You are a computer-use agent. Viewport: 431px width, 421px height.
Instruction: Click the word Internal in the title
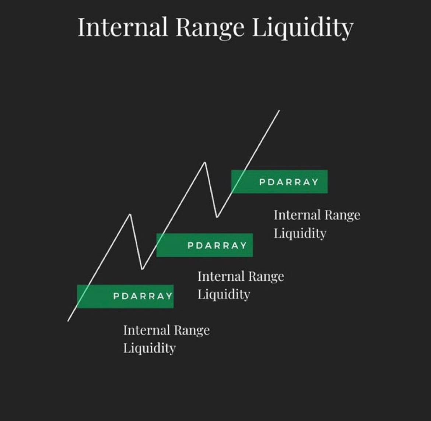(122, 27)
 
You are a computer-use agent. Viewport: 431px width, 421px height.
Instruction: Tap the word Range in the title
(210, 28)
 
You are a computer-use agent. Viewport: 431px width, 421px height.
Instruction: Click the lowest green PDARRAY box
(125, 296)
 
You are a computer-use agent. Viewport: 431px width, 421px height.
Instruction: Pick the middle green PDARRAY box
(204, 245)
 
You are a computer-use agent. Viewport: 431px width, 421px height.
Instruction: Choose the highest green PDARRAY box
(279, 182)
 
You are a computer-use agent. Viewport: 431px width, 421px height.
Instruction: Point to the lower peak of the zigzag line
(130, 214)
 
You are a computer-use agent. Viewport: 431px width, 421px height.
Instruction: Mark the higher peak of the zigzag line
(205, 162)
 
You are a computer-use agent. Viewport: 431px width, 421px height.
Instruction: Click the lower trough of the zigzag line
(142, 269)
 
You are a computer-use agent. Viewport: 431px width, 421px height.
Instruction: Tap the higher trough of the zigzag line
(217, 217)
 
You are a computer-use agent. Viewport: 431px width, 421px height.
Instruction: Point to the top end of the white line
(279, 110)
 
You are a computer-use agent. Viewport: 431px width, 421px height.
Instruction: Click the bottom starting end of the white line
(68, 321)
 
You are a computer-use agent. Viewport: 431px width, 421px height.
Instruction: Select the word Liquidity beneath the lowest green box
(149, 348)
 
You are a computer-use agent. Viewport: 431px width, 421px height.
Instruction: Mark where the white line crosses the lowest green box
(84, 296)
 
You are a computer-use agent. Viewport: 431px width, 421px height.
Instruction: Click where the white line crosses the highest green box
(238, 181)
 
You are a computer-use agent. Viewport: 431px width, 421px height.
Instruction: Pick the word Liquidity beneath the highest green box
(300, 233)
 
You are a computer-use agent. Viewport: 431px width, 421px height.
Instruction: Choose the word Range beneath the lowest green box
(192, 330)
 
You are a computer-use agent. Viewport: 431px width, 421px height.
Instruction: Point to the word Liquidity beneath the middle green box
(224, 294)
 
